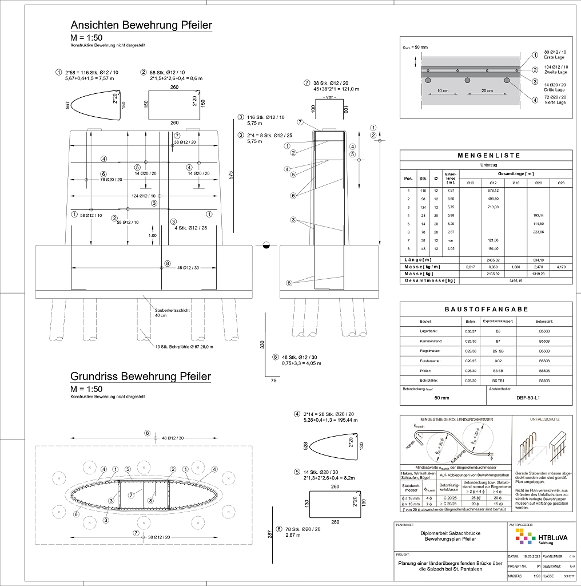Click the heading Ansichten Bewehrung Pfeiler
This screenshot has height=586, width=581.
pos(141,26)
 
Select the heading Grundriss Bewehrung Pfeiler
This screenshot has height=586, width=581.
pos(141,377)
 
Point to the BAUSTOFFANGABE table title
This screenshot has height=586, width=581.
pos(486,309)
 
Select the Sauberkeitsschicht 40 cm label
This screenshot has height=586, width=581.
pos(172,312)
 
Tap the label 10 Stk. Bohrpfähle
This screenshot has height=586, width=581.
pos(184,347)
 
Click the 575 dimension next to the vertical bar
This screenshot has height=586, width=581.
pos(230,175)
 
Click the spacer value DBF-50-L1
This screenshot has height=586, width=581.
pos(528,397)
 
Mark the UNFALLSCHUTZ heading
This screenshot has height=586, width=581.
pos(540,419)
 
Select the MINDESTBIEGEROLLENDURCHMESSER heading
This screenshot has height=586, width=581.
pos(456,419)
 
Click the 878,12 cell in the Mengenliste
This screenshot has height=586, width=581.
pos(494,190)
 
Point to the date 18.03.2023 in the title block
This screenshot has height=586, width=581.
pos(531,556)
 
